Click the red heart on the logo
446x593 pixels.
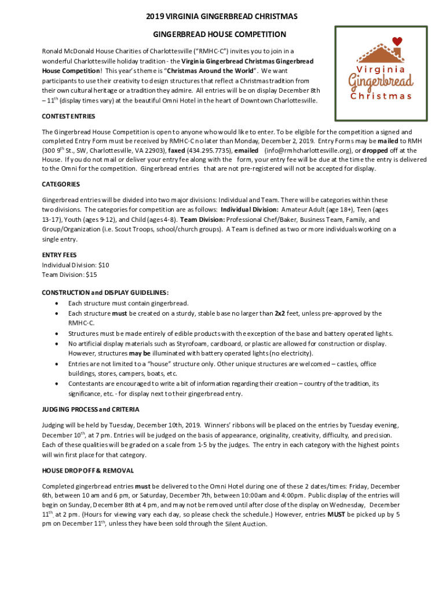point(397,41)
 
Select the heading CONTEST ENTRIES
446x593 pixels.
point(68,116)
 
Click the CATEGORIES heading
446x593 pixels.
point(61,184)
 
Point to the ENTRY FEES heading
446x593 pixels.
point(59,255)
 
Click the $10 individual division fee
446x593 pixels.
point(103,265)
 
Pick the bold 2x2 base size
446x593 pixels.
point(280,313)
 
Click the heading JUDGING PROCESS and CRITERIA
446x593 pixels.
point(90,409)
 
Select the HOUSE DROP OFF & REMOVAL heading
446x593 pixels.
point(88,470)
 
